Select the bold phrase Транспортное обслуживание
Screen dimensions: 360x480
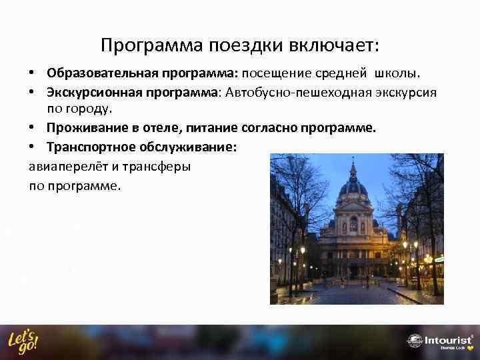141,147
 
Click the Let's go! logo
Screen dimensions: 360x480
23,341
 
